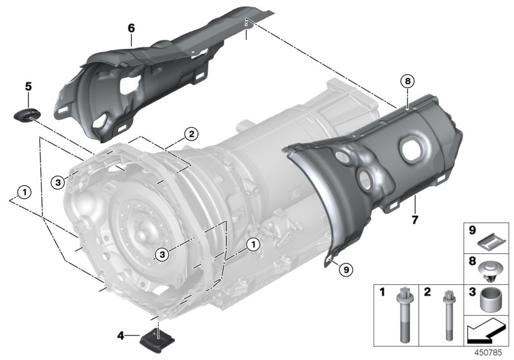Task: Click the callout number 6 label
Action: [x=131, y=28]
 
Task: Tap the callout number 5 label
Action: [x=28, y=85]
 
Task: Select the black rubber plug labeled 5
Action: [x=26, y=114]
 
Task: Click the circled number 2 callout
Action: [x=190, y=134]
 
